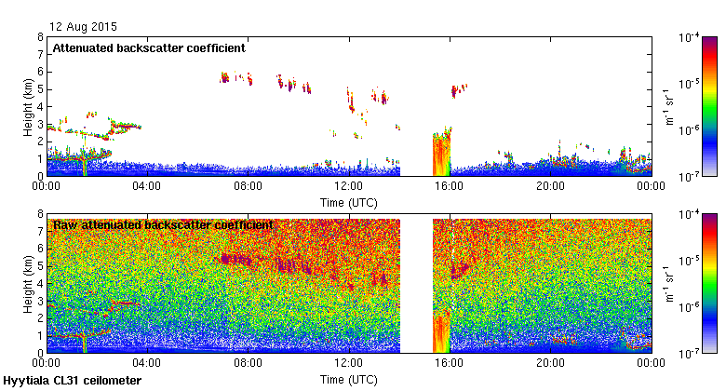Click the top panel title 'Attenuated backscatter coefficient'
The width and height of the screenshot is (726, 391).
(149, 47)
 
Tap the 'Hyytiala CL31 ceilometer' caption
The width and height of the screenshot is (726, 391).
(73, 381)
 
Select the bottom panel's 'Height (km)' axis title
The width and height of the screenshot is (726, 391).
(29, 283)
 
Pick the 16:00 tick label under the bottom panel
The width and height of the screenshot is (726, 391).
(450, 364)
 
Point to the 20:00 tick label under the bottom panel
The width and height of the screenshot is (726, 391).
(550, 364)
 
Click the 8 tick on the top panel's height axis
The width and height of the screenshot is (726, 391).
(39, 37)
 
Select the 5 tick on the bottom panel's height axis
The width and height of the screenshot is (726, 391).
(39, 266)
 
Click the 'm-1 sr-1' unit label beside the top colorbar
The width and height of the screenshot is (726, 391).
(668, 106)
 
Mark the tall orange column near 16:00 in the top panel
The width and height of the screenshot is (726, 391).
(441, 155)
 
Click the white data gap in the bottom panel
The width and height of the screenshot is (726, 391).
(416, 284)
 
